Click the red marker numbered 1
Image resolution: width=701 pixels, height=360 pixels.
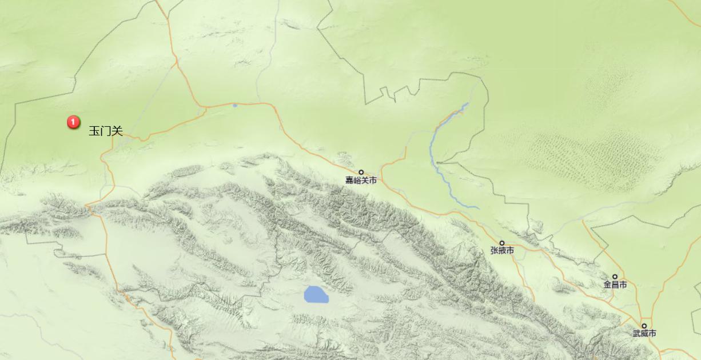point(73,122)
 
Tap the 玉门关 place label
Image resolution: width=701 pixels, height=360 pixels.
point(106,131)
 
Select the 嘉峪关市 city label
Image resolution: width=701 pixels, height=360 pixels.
point(361,181)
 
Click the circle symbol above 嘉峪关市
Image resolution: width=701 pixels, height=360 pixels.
point(361,172)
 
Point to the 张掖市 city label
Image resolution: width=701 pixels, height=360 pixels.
point(502,251)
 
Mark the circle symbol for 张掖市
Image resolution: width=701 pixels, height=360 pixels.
point(502,243)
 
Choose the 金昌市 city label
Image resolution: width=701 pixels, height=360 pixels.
point(615,285)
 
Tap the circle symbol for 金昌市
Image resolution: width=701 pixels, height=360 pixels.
point(615,277)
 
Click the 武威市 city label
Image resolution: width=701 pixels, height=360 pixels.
point(644,334)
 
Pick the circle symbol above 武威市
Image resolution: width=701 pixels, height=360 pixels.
point(644,326)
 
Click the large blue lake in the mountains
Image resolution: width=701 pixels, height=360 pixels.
point(316,294)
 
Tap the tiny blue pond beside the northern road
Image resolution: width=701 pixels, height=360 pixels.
point(234,105)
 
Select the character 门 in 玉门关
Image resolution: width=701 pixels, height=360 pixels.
point(106,131)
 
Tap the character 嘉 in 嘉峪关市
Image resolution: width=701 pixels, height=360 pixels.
point(349,181)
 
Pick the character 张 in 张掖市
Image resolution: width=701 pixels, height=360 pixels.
point(494,251)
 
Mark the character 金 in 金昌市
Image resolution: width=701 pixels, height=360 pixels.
point(607,285)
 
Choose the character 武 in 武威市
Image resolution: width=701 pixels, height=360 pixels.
point(636,334)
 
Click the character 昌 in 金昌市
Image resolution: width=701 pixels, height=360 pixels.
point(615,285)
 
